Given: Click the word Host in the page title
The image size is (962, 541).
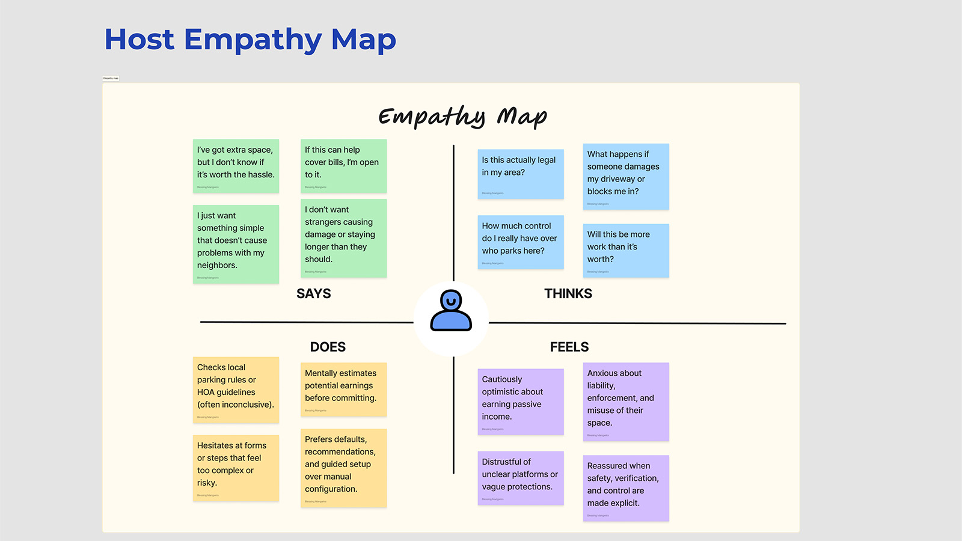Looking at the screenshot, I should (x=139, y=40).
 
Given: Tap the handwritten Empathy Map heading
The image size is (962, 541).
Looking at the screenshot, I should (x=462, y=116).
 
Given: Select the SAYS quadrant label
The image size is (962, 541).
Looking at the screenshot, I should (x=313, y=293).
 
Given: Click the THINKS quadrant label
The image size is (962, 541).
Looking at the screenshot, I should (x=568, y=293).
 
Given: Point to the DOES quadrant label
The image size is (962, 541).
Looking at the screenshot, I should (x=328, y=347).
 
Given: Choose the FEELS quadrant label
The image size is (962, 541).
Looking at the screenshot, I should (x=569, y=347).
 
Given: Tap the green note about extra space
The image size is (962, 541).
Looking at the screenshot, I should (x=236, y=166).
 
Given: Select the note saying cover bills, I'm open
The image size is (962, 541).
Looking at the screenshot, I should (x=343, y=166).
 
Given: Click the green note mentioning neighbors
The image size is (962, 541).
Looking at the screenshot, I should (x=236, y=243).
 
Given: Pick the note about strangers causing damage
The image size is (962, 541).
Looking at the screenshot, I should (x=343, y=238).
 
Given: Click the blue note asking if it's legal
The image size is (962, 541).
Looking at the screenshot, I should (x=521, y=174).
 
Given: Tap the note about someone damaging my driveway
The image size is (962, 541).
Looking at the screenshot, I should (x=625, y=176).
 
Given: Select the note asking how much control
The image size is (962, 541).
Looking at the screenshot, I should (x=521, y=242).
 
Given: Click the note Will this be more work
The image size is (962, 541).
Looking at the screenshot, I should (x=625, y=250).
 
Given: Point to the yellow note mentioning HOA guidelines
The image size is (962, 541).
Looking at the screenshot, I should (x=236, y=390).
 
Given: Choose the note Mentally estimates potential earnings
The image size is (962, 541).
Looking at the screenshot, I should (x=343, y=389).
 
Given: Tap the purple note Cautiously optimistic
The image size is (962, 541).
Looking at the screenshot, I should (x=521, y=401).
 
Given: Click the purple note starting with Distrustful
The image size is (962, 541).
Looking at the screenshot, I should (x=521, y=478).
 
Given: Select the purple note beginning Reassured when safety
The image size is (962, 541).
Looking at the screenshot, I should (x=625, y=488).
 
